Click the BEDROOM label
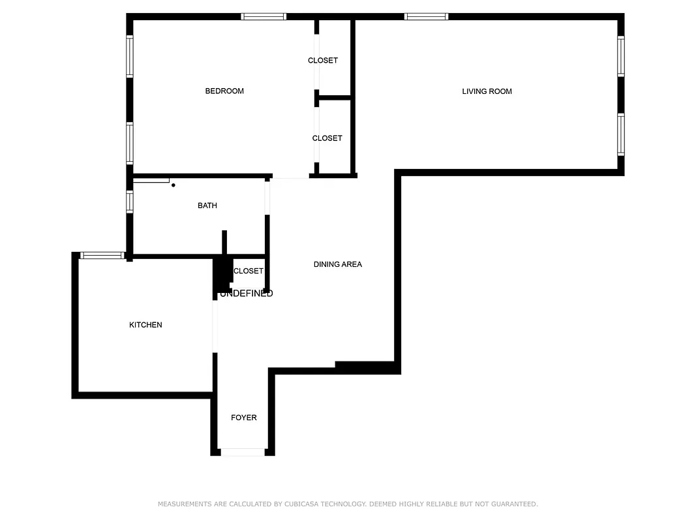coord(224,91)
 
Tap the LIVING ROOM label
coord(487,91)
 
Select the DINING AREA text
coord(337,264)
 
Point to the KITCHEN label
coord(145,325)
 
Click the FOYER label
coord(244,418)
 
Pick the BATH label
coord(207,206)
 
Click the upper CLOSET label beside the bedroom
coord(323,61)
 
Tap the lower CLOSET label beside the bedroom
coord(327,138)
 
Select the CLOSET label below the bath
coord(249,271)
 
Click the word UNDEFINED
coord(247,294)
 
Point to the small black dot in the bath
coord(174,185)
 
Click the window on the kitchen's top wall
coord(101,256)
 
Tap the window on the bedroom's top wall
coord(264,17)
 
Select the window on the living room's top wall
coord(426,17)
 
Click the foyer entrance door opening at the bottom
coord(243,452)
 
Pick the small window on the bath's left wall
coord(130,202)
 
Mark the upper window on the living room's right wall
coord(621,57)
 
